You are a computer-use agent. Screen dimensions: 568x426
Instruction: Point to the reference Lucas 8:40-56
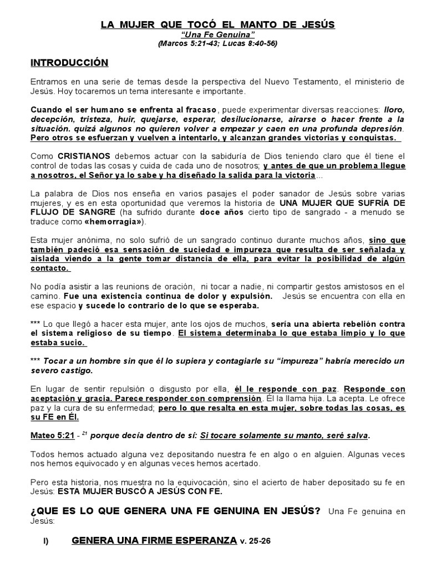pos(247,43)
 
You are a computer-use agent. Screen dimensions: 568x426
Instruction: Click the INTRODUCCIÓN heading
pos(69,63)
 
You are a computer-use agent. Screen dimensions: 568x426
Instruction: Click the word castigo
pos(78,370)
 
